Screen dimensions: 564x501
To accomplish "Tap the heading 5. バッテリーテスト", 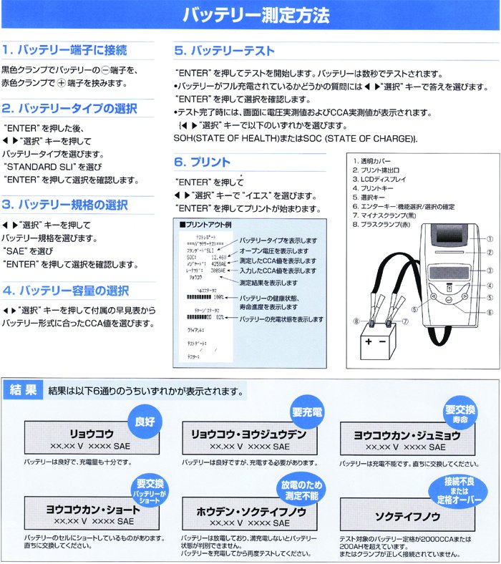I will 225,51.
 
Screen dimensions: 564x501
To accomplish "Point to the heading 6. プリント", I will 203,162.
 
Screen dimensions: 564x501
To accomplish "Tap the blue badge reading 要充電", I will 307,413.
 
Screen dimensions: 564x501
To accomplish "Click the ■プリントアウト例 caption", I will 208,224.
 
